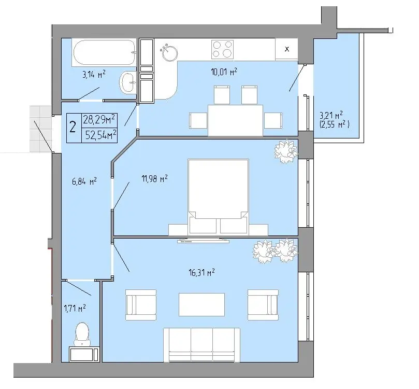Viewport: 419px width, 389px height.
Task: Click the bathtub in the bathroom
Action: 104,52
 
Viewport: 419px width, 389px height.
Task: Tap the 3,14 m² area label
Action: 94,74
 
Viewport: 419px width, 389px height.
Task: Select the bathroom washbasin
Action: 128,82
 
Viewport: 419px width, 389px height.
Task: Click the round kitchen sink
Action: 169,52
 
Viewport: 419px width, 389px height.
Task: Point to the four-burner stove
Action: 222,49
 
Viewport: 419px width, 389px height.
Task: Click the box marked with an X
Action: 287,49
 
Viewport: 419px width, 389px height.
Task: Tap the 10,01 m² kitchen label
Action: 224,72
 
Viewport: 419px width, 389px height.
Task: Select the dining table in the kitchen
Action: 236,120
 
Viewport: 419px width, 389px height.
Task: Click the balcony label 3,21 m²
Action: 331,115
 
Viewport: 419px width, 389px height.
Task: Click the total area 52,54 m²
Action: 101,135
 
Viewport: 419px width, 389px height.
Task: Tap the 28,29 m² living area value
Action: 99,119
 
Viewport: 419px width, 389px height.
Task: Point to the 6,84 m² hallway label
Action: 84,182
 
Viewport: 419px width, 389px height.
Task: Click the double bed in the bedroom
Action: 219,197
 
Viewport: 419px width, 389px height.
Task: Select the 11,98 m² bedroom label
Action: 154,178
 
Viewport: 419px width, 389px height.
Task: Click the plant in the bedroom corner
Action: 285,151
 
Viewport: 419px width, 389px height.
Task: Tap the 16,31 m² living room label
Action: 202,273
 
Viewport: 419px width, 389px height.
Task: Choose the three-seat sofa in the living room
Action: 202,345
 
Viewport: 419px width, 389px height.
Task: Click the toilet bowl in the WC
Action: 82,334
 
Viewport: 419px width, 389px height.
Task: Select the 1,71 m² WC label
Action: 75,308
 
